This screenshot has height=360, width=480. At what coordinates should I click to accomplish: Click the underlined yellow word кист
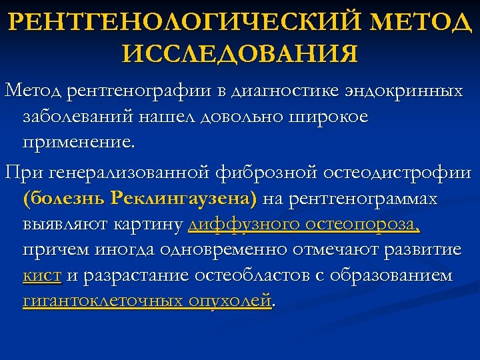pos(43,275)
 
